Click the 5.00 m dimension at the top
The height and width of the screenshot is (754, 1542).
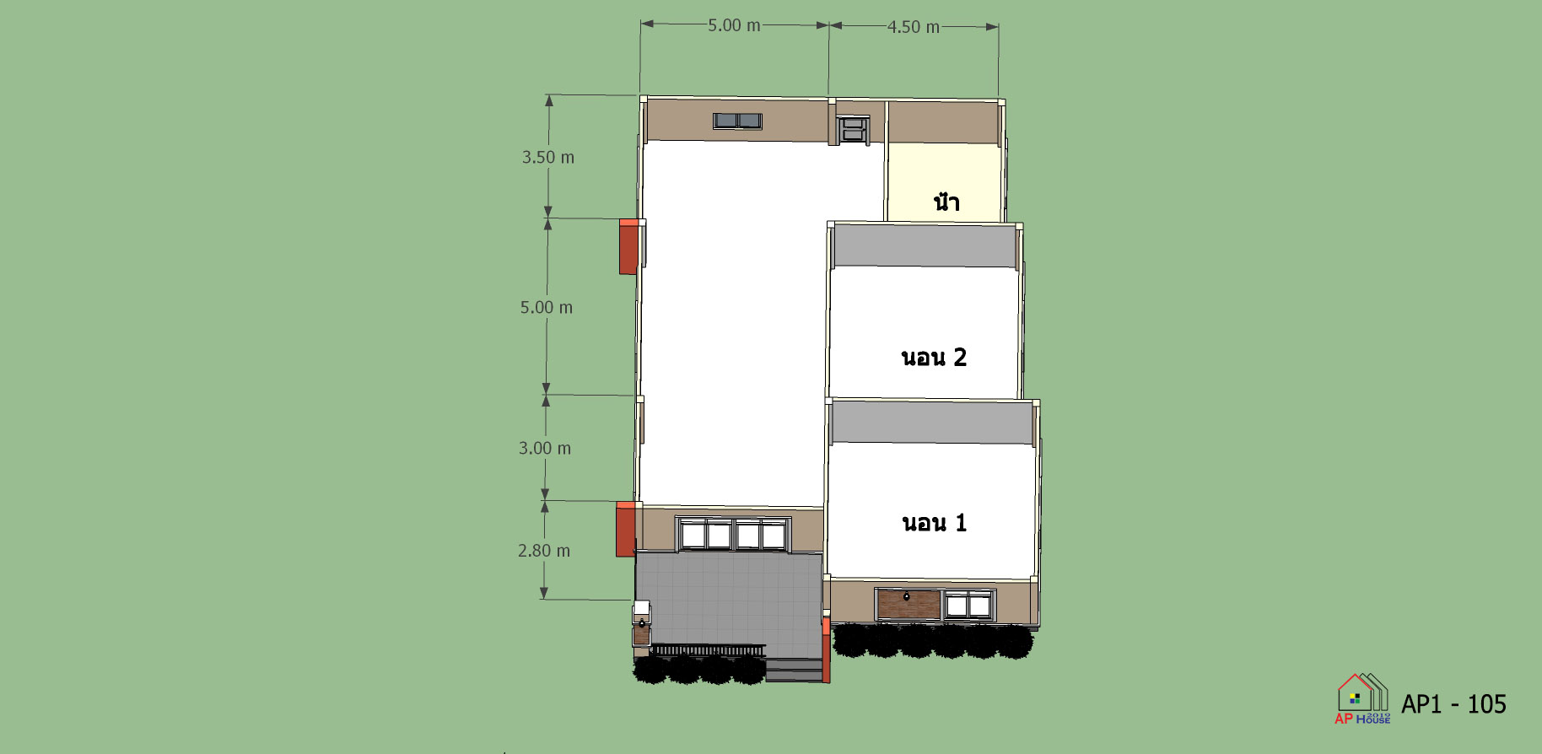(x=734, y=25)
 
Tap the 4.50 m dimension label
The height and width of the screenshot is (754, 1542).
(x=914, y=27)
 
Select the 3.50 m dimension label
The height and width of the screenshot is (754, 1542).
(x=548, y=158)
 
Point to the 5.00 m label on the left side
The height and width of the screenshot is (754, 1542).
(x=547, y=308)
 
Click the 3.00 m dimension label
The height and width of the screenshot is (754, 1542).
(x=545, y=449)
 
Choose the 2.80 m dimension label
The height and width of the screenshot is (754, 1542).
(x=544, y=551)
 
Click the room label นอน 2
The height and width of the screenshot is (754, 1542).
(x=934, y=358)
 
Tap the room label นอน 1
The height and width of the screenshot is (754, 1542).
(x=935, y=523)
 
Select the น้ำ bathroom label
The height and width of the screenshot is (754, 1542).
(x=946, y=202)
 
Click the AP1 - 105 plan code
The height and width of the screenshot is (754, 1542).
(x=1453, y=704)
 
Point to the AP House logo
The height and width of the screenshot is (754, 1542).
(x=1362, y=698)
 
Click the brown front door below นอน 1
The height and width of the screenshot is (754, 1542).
(x=908, y=605)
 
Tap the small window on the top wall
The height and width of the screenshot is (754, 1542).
(x=737, y=121)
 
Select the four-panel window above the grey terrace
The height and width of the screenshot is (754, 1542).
(x=733, y=535)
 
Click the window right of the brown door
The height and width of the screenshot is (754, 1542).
(x=968, y=606)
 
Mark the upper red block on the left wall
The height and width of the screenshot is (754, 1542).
(x=628, y=246)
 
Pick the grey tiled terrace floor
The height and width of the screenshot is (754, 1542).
(x=729, y=599)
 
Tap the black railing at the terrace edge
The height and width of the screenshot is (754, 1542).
(x=709, y=650)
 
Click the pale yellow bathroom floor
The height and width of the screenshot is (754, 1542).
(x=943, y=182)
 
